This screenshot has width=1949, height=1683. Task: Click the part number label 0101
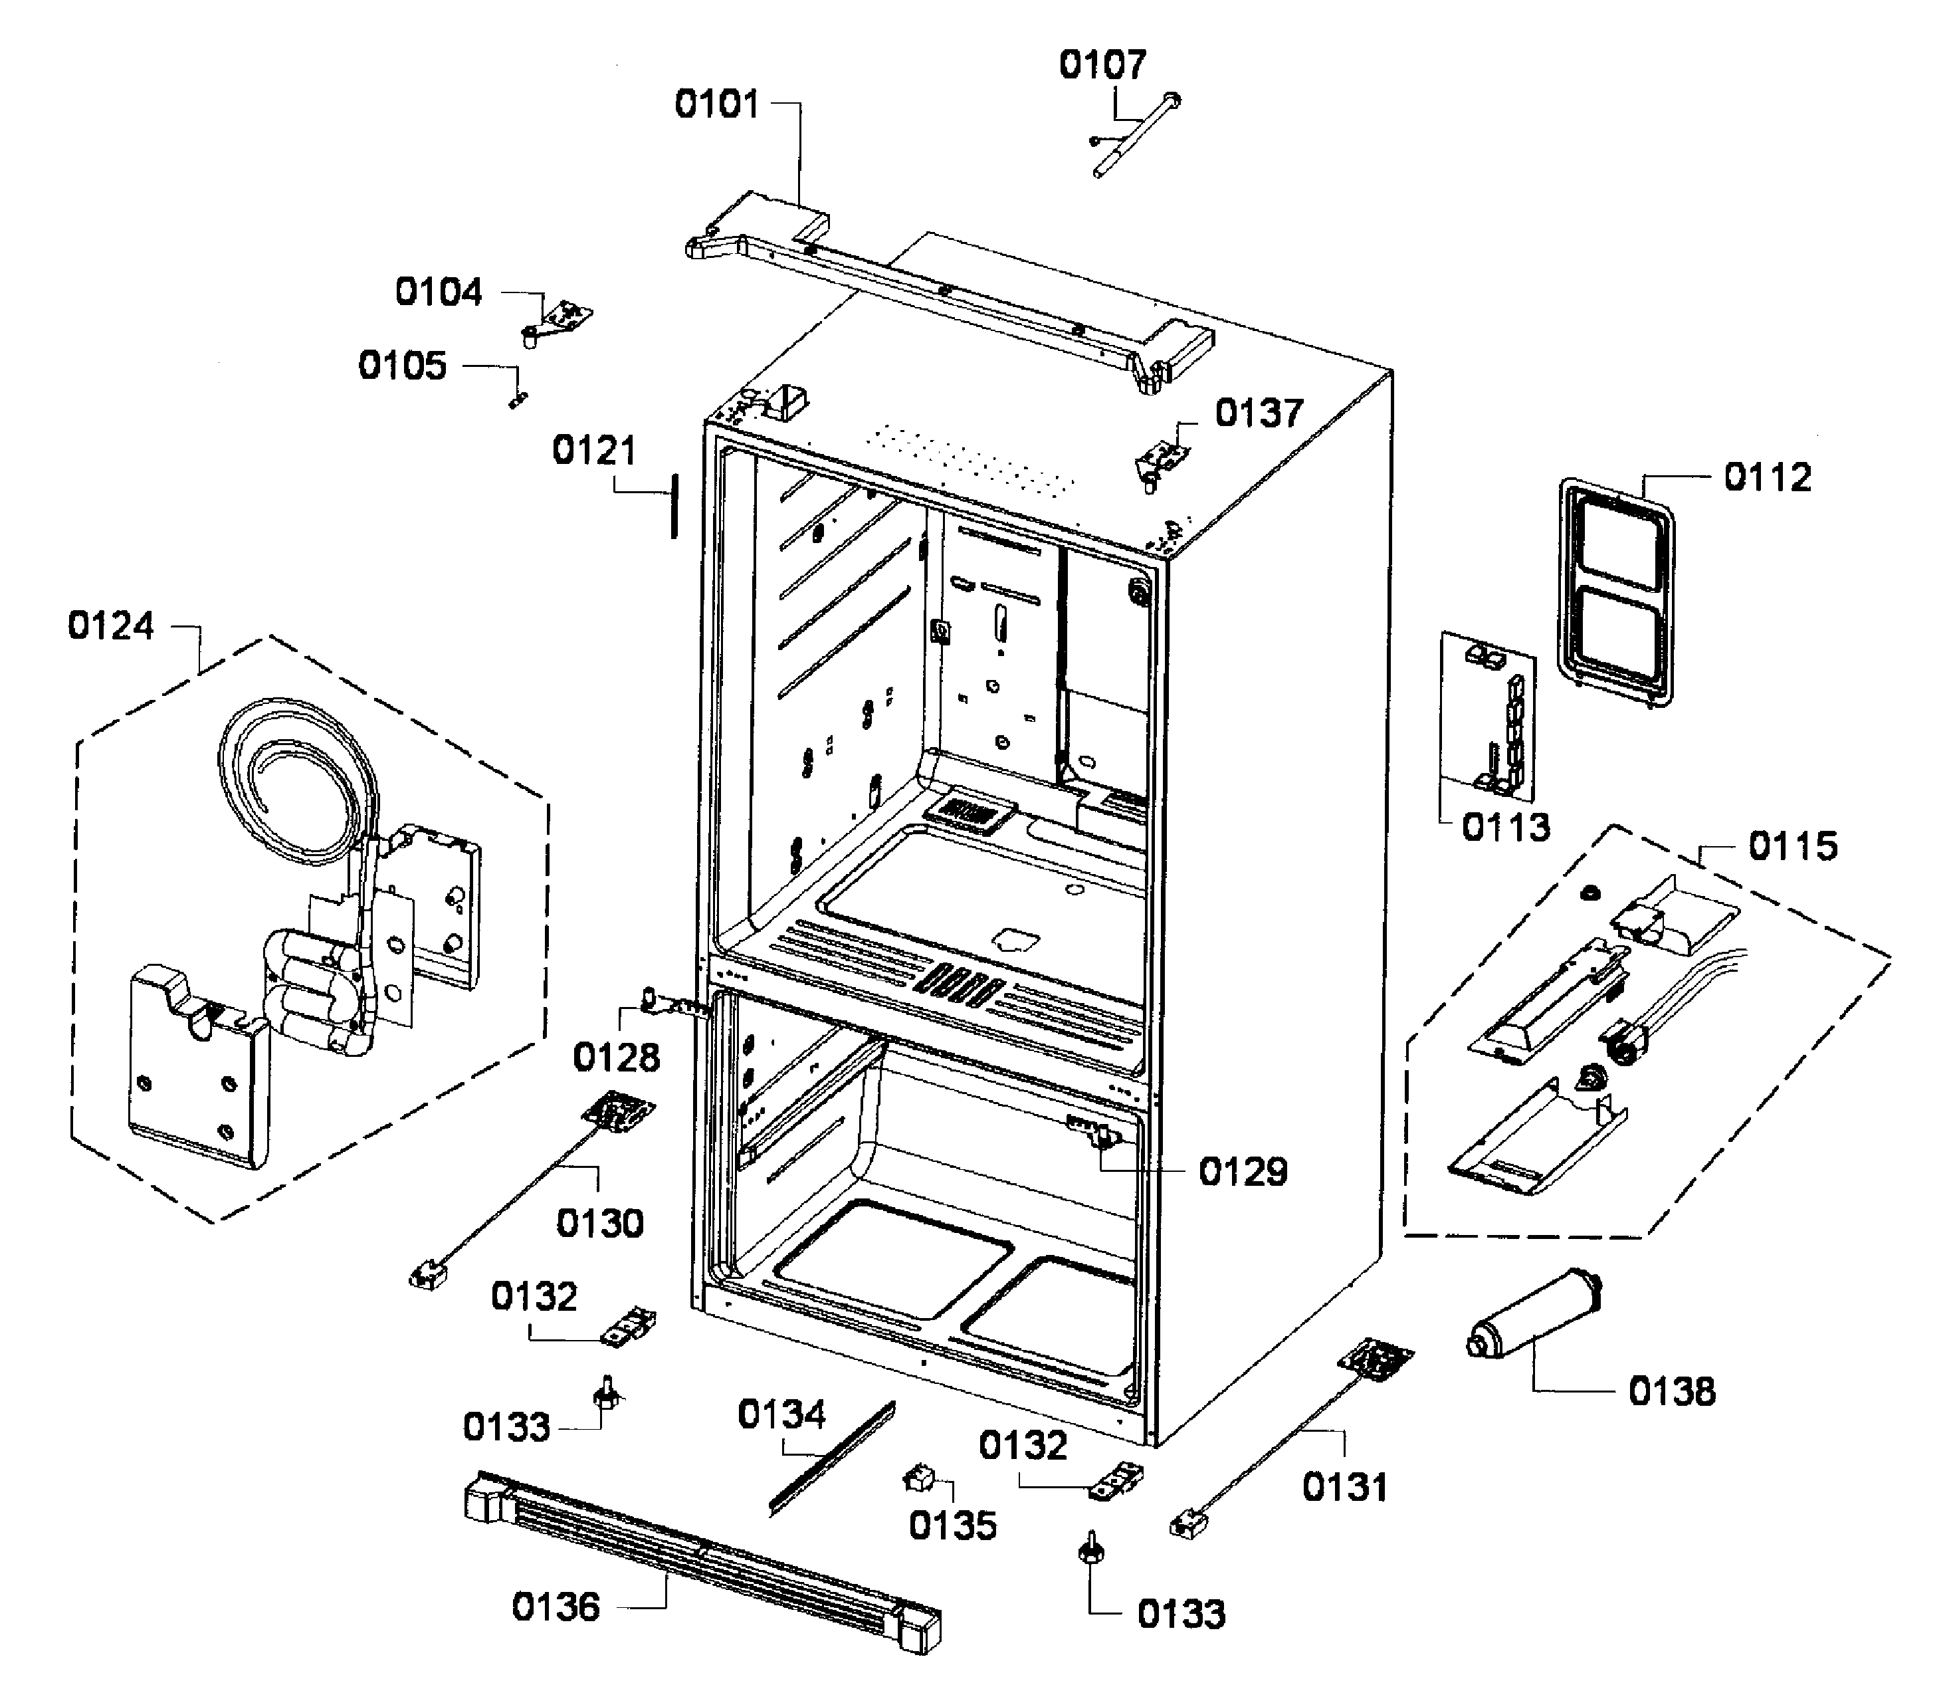click(717, 104)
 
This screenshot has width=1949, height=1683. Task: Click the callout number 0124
click(111, 625)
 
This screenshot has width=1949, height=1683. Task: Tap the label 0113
click(1505, 828)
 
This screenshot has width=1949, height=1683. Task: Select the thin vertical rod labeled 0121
click(674, 506)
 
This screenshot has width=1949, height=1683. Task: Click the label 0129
click(1243, 1172)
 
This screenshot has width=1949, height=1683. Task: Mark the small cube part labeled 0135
click(917, 1479)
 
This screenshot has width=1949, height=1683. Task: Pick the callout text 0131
click(1344, 1488)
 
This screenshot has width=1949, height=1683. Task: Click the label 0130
click(600, 1224)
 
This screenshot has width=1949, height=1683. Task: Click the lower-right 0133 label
click(1181, 1615)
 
